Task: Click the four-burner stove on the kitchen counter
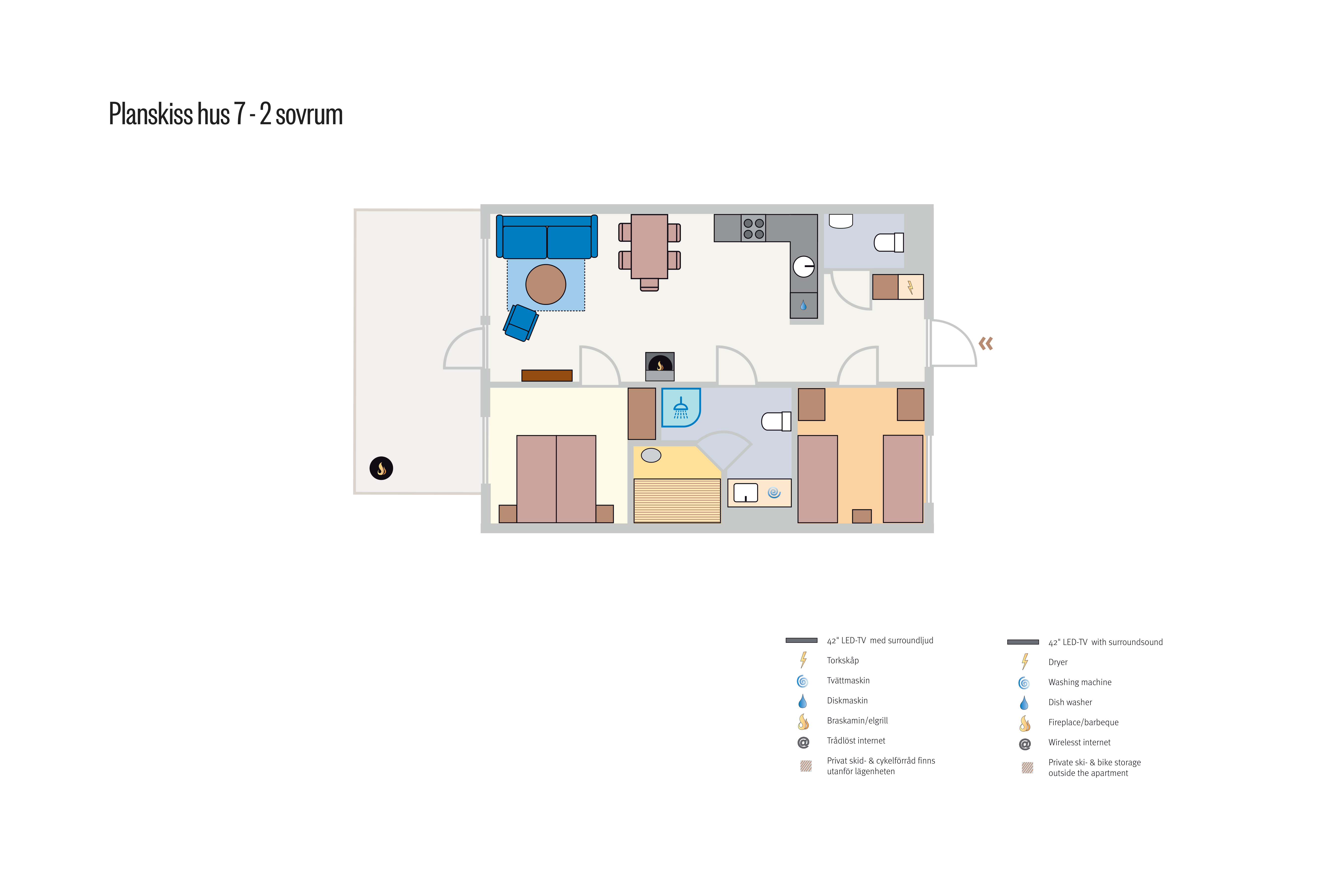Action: click(x=753, y=228)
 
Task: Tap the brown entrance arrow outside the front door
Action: click(x=986, y=343)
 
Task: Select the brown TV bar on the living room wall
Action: click(x=547, y=375)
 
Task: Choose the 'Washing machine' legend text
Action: click(x=1080, y=682)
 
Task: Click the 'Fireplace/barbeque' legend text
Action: click(x=1083, y=722)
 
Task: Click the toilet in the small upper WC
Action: click(x=889, y=243)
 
